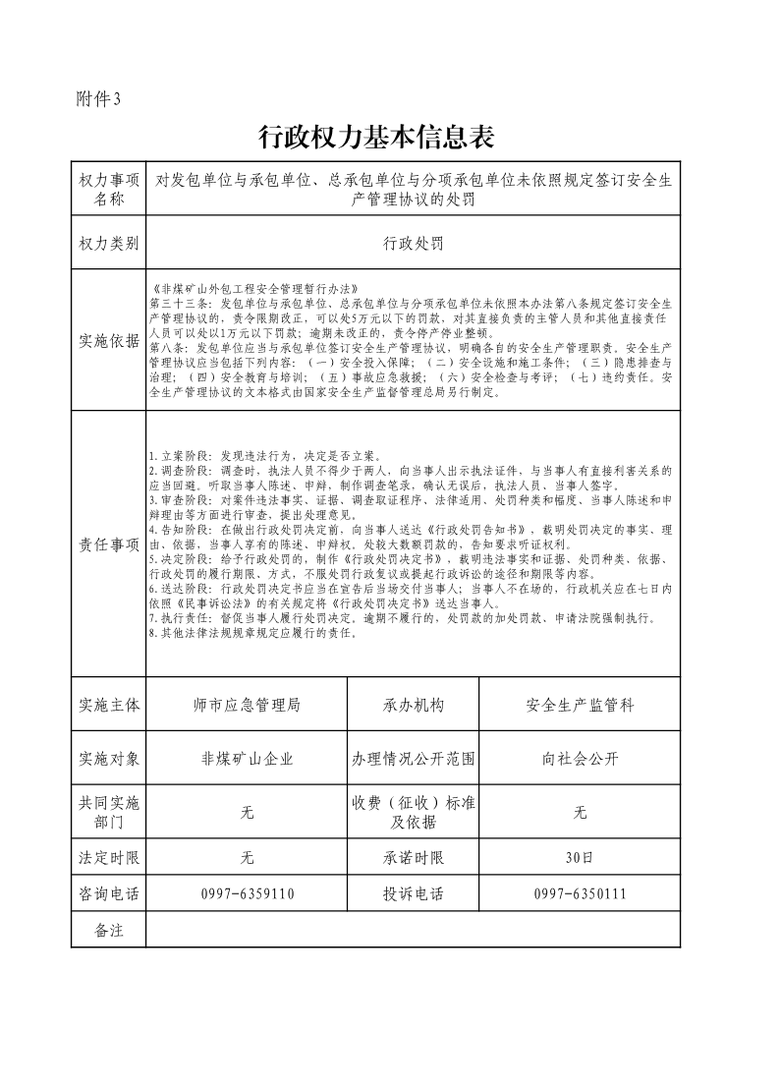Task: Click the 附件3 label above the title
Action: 98,98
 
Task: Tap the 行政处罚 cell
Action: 413,244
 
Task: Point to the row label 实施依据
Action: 108,341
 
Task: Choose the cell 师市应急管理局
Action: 247,705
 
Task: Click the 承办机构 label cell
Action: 413,705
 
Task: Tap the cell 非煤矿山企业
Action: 247,758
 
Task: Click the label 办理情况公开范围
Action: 413,758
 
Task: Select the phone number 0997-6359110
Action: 247,894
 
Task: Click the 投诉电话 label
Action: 413,894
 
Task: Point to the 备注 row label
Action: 108,930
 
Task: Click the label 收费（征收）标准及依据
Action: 413,813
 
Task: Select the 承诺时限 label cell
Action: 413,858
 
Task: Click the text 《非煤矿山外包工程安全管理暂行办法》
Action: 250,290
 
